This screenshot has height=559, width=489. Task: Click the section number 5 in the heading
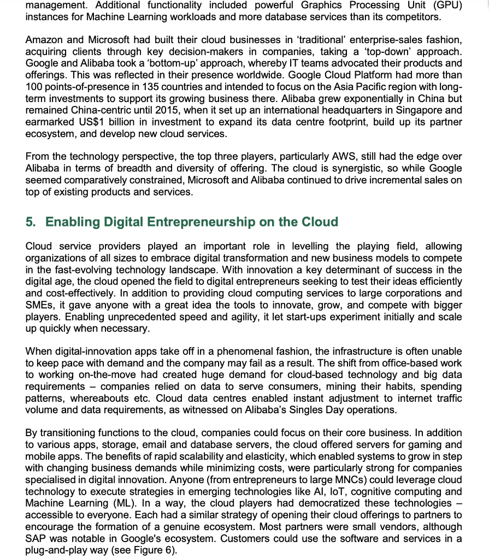tap(31, 222)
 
